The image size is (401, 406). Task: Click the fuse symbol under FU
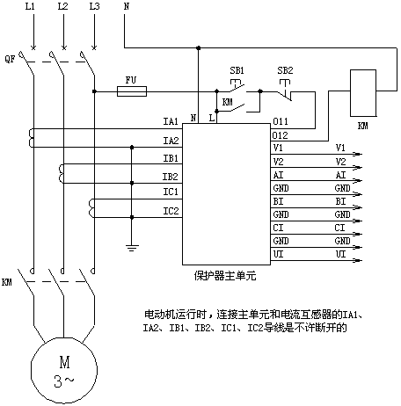point(132,91)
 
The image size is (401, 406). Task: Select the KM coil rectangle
point(363,93)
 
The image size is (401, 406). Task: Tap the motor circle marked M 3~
point(64,370)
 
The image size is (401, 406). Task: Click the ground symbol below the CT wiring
point(132,248)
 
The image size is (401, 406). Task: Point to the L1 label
point(30,6)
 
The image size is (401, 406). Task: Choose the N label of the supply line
point(127,6)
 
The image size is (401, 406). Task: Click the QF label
point(10,59)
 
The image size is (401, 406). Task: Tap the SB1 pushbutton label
point(237,70)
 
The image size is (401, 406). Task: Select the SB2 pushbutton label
point(285,70)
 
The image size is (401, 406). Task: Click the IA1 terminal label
point(171,121)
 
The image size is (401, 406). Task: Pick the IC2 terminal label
point(171,211)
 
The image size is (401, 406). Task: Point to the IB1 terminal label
point(171,158)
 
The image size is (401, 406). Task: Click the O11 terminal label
point(281,121)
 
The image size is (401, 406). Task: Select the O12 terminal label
point(280,135)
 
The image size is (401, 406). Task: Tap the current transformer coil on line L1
point(32,138)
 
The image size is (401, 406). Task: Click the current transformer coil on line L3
point(91,208)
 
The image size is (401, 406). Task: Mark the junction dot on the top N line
point(199,47)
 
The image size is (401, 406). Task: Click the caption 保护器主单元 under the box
point(225,276)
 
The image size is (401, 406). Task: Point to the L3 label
point(94,6)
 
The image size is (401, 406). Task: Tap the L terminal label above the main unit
point(212,118)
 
